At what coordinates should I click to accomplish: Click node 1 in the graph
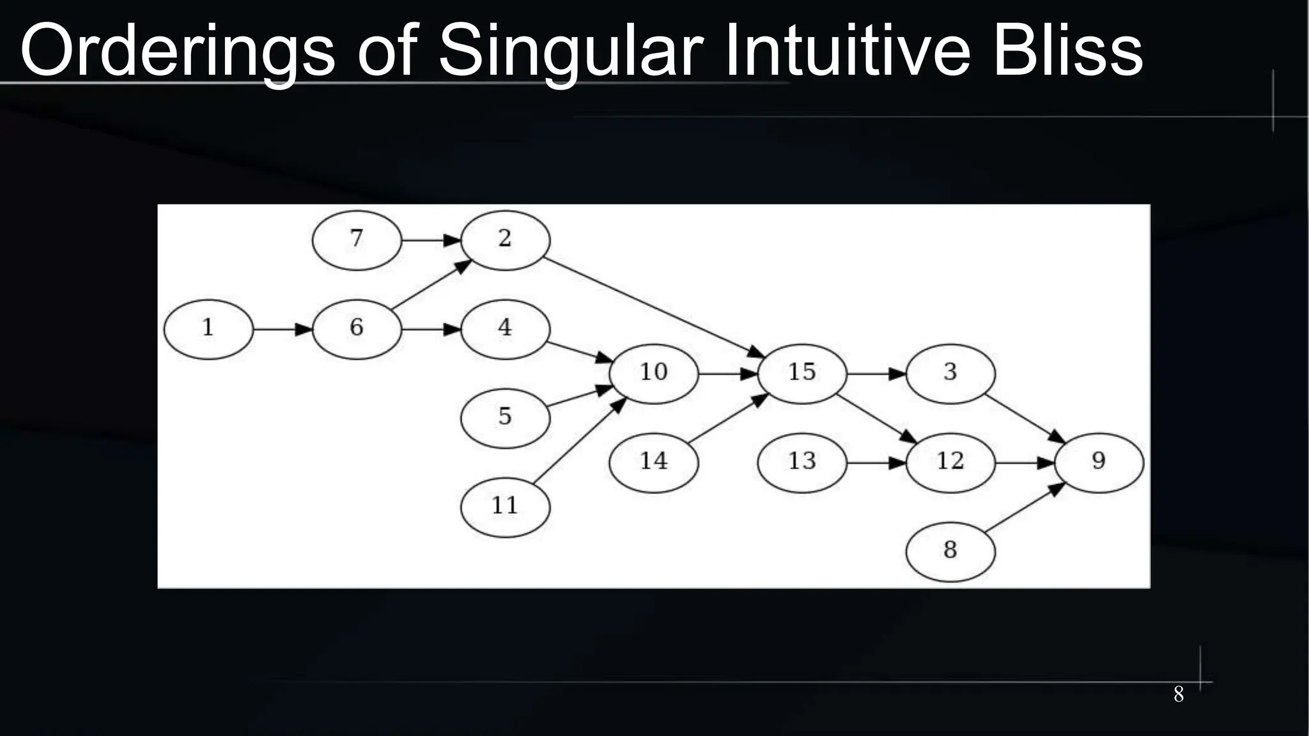[x=208, y=329]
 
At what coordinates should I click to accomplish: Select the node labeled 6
[x=357, y=329]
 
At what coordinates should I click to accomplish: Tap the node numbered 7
[x=357, y=240]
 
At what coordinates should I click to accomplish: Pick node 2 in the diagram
[x=505, y=240]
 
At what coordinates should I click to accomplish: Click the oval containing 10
[x=653, y=373]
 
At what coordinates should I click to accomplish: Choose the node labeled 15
[x=802, y=373]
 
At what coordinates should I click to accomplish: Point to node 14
[x=653, y=462]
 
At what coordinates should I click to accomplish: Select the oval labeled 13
[x=802, y=462]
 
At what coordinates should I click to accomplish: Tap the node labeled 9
[x=1098, y=462]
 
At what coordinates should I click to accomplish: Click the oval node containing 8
[x=950, y=551]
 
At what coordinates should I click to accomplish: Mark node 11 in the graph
[x=505, y=507]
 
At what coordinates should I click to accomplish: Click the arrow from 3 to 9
[x=1024, y=418]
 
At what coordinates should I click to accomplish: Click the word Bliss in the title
[x=1067, y=51]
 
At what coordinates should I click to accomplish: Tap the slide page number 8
[x=1179, y=694]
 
